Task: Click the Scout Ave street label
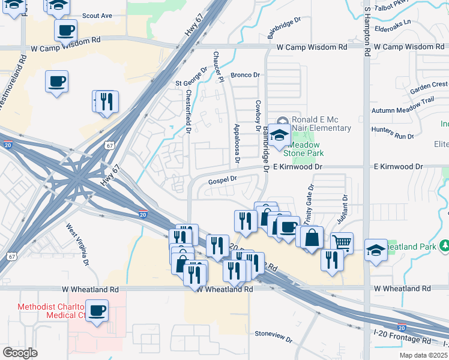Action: tap(97, 16)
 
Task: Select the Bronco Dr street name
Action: tap(244, 76)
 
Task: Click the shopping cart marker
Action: tap(342, 242)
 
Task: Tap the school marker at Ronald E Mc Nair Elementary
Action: tap(279, 134)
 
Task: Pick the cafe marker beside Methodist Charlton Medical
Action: tap(97, 311)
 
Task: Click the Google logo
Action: tap(20, 353)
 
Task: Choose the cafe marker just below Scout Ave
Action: tap(65, 29)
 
